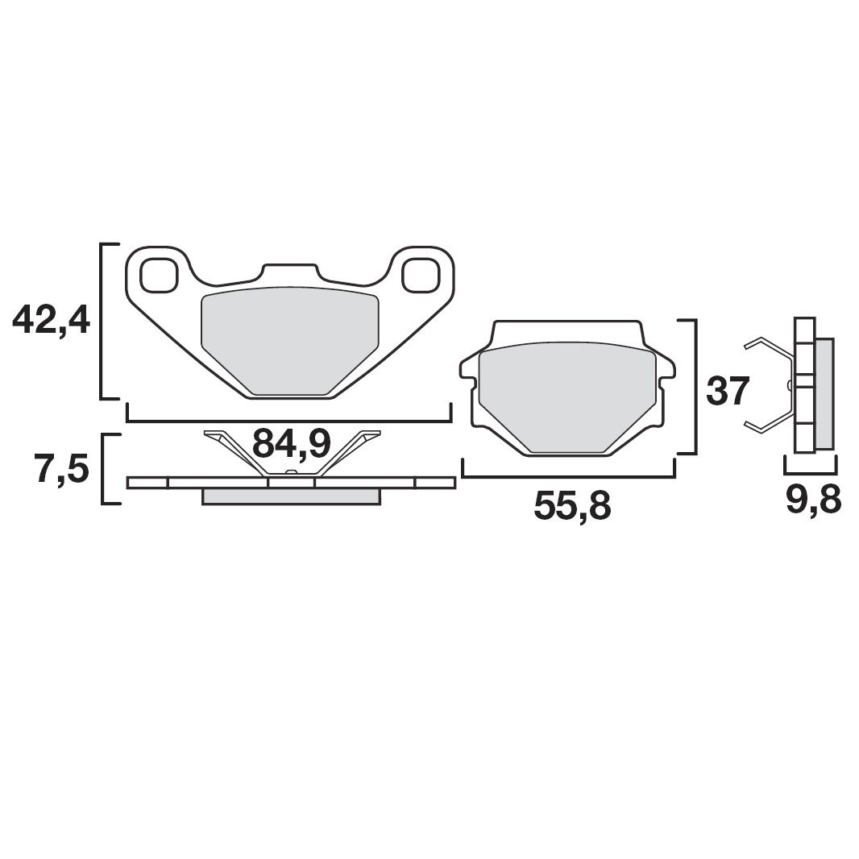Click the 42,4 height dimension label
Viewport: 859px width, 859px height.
[x=50, y=322]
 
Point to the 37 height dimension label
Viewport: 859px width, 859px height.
[x=728, y=392]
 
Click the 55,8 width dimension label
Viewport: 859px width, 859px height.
[x=572, y=505]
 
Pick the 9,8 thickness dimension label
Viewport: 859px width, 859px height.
[x=812, y=500]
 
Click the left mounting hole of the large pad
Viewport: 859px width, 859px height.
[x=158, y=275]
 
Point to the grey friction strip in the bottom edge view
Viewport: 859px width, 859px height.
[x=290, y=496]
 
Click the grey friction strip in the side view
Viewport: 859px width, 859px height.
[x=824, y=392]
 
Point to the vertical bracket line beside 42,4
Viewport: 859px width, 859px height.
[x=101, y=322]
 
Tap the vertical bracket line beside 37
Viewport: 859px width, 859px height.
[x=695, y=387]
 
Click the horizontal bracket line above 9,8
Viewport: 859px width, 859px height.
[x=811, y=471]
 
